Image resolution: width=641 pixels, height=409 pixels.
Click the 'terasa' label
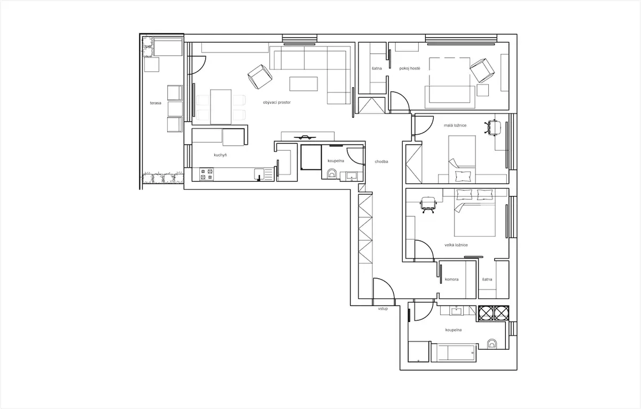(x=155, y=103)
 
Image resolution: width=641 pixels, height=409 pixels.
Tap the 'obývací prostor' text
(x=277, y=102)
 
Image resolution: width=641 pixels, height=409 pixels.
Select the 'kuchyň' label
(x=220, y=155)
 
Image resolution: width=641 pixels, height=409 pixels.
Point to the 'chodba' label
(x=381, y=162)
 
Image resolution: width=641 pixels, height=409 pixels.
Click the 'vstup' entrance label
(x=383, y=309)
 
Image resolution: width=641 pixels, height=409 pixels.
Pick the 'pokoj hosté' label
(x=410, y=68)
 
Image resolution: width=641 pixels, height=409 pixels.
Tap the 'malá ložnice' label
(x=455, y=125)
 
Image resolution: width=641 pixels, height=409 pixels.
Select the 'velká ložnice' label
(x=456, y=245)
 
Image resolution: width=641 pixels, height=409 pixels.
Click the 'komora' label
(x=451, y=279)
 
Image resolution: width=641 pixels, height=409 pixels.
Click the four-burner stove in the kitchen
(x=206, y=174)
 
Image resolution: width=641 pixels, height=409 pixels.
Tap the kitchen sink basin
(x=259, y=174)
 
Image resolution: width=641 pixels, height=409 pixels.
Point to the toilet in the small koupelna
(x=332, y=174)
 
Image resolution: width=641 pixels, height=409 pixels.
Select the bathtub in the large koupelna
(x=454, y=352)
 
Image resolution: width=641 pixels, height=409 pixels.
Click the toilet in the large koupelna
(x=492, y=344)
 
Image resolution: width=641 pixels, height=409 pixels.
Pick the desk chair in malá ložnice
(x=493, y=127)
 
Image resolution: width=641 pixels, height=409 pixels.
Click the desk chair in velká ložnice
(x=428, y=204)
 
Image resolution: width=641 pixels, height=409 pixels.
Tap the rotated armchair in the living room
(x=260, y=77)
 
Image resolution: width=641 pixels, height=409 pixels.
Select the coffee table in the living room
(x=303, y=84)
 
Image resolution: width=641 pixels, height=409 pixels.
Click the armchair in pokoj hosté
(x=482, y=70)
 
